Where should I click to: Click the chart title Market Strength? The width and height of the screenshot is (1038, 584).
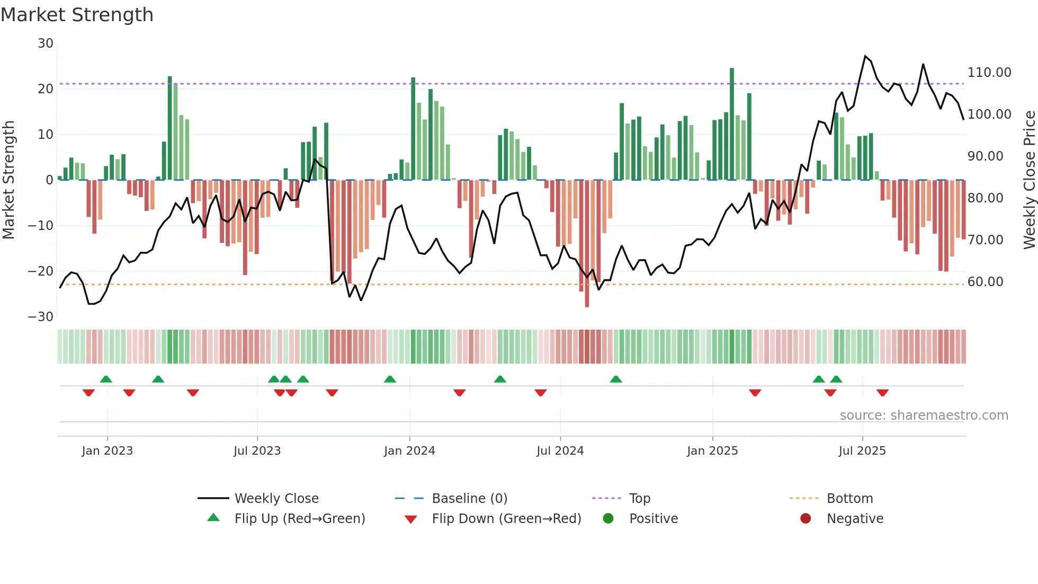pos(77,15)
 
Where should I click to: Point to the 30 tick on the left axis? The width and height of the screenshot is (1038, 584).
pos(46,43)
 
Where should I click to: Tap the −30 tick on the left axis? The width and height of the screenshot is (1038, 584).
pos(41,317)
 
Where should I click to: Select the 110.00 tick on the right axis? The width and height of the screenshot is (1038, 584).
pos(989,73)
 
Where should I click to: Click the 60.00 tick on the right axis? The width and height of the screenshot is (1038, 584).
pos(985,282)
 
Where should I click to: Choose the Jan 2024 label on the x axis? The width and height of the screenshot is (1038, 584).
pos(409,451)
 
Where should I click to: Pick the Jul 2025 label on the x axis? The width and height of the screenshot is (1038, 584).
pos(862,451)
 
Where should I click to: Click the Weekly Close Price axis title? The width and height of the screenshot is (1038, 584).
pos(1029,180)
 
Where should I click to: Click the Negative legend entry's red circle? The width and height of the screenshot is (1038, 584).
pos(806,518)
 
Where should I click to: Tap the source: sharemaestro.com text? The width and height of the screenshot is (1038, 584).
pos(924,415)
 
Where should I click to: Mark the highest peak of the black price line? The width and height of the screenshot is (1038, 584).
pos(865,56)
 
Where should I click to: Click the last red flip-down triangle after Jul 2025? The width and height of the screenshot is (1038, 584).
pos(882,393)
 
